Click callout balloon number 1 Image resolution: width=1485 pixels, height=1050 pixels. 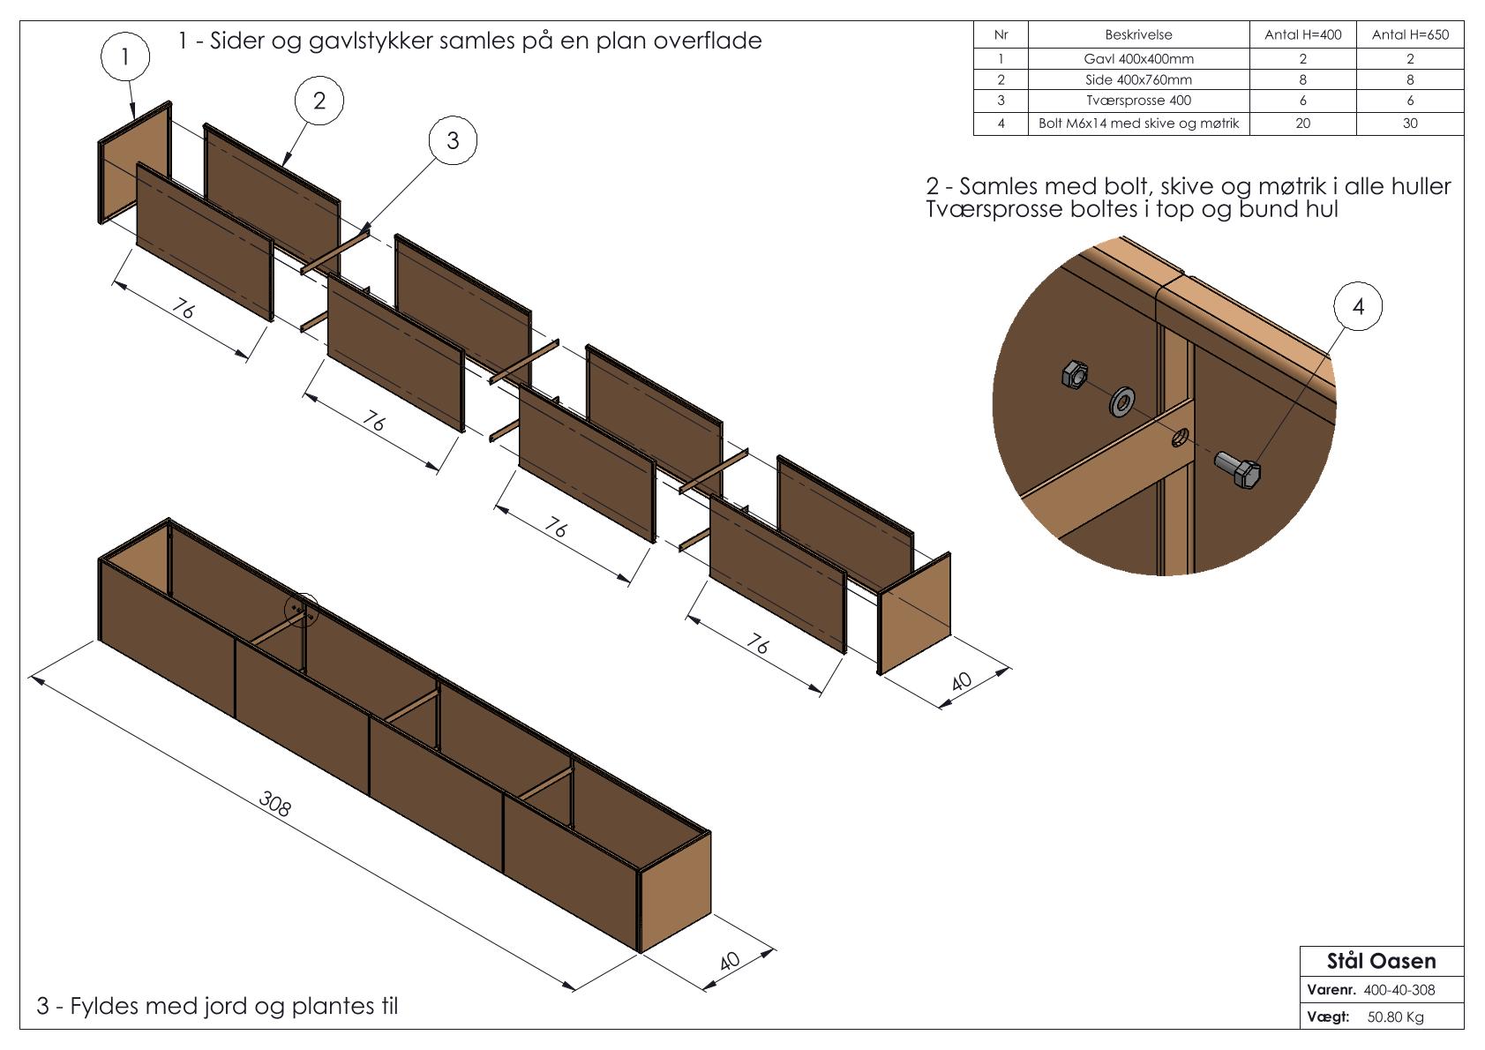click(125, 57)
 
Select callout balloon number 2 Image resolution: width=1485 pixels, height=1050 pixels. click(319, 101)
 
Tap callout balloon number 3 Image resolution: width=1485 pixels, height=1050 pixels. click(453, 140)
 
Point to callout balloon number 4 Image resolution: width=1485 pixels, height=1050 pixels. click(1357, 306)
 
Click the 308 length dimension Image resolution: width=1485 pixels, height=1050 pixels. click(275, 803)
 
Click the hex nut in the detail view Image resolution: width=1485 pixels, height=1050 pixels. click(1075, 374)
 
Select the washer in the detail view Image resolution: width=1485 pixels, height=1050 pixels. click(1122, 402)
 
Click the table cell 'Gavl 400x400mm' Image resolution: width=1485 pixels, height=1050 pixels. click(1138, 59)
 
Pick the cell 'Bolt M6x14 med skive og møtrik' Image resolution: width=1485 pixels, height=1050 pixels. click(1138, 124)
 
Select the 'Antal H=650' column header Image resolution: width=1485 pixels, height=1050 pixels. click(1409, 35)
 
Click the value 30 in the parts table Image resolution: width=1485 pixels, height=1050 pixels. click(1409, 124)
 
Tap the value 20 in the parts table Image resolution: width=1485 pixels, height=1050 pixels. click(1302, 124)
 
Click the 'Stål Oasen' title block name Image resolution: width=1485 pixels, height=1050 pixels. click(1381, 961)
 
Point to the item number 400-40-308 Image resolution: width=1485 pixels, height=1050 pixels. click(1399, 990)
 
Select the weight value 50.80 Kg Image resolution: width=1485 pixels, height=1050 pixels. click(1395, 1017)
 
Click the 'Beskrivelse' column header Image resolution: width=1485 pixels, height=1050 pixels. click(1138, 35)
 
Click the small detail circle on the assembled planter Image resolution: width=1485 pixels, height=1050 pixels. click(301, 609)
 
